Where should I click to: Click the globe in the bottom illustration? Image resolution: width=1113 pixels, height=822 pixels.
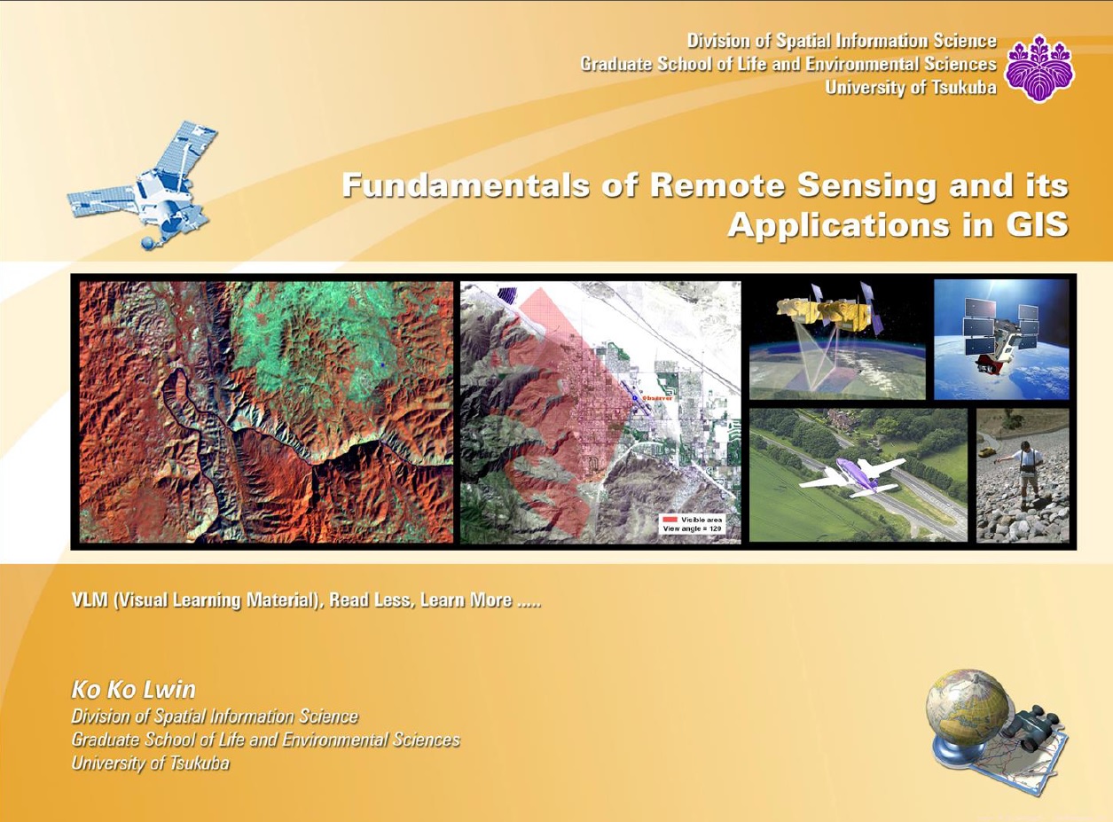pos(967,709)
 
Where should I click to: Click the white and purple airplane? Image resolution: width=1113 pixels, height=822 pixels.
pos(851,476)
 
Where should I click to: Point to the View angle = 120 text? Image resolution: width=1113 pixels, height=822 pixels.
pos(693,528)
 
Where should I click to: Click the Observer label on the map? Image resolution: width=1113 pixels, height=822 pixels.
pos(657,398)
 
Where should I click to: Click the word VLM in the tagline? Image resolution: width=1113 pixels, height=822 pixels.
pos(90,601)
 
